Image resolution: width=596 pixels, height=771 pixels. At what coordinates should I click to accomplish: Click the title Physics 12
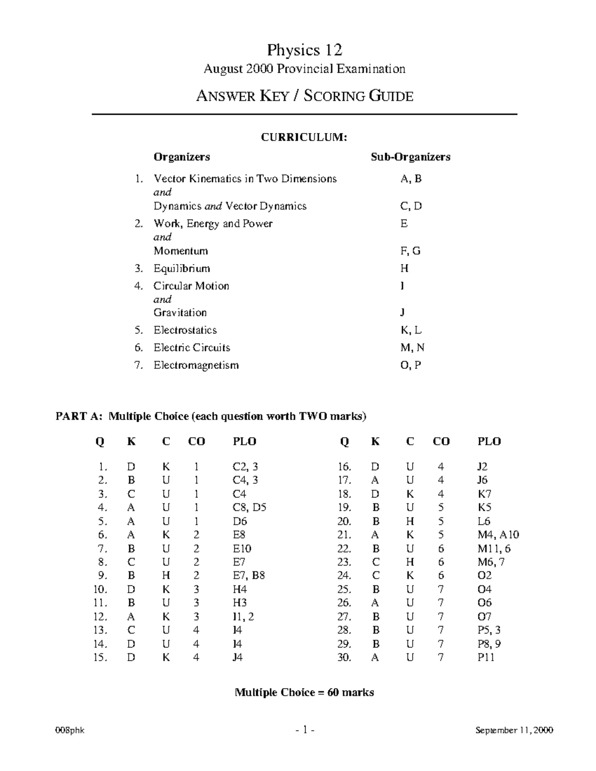click(x=304, y=50)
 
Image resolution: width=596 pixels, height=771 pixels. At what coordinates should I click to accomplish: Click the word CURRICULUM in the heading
click(x=303, y=138)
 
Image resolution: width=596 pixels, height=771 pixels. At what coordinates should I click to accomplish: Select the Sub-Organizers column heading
click(x=410, y=157)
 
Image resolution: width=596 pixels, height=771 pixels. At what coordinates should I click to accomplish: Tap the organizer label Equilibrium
click(x=181, y=269)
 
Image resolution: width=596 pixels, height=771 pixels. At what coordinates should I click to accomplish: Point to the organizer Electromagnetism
click(x=196, y=365)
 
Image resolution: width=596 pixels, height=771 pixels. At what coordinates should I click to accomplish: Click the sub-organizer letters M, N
click(x=412, y=348)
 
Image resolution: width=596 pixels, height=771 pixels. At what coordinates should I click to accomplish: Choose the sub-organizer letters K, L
click(x=411, y=330)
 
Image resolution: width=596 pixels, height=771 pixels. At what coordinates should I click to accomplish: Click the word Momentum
click(x=180, y=251)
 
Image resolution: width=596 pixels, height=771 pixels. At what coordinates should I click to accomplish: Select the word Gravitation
click(x=180, y=313)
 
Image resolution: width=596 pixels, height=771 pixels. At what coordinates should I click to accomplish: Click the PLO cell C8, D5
click(x=249, y=507)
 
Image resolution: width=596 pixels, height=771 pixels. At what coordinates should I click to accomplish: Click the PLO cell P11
click(x=486, y=657)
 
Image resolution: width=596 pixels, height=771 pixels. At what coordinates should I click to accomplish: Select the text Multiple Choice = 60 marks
click(x=304, y=692)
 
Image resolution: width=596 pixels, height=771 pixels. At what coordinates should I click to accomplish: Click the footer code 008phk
click(x=70, y=730)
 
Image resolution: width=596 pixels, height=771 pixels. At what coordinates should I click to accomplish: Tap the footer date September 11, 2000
click(x=514, y=730)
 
